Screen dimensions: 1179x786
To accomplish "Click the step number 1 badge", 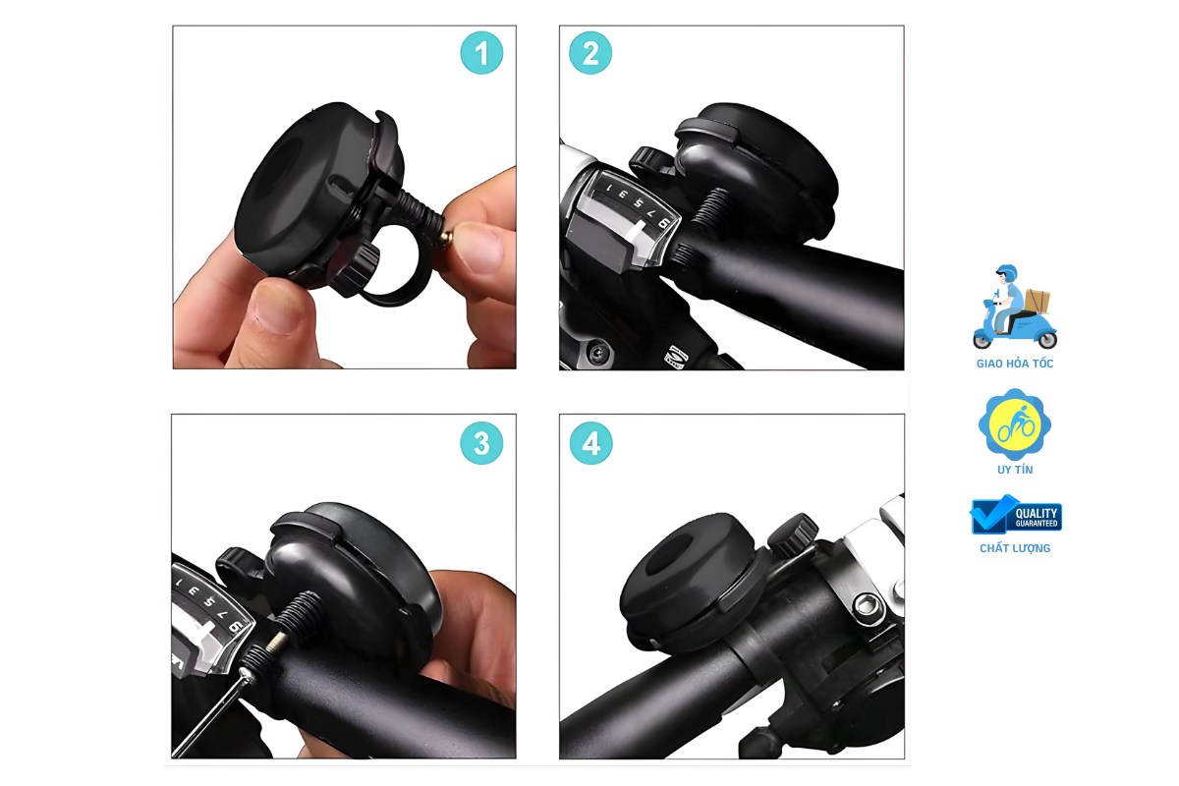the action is coord(481,53).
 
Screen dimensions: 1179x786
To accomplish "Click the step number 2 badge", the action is coord(590,53).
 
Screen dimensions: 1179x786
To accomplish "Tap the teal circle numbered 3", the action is coord(481,443).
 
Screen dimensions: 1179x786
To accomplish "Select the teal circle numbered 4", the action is coord(591,443).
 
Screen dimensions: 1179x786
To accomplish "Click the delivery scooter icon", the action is coord(1014,307).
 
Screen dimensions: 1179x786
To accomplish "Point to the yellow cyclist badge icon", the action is coord(1014,423).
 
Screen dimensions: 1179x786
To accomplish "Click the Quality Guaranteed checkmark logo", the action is coord(1015,515).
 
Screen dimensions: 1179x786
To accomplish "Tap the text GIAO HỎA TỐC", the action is coord(1015,364).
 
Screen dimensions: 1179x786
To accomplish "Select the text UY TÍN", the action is coord(1015,470).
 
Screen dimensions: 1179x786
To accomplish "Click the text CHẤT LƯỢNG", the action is coord(1015,548).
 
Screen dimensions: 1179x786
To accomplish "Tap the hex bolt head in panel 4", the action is coord(865,605).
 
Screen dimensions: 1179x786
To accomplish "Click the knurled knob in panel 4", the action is coord(792,534).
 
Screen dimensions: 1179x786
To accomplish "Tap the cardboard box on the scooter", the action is coord(1036,301).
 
